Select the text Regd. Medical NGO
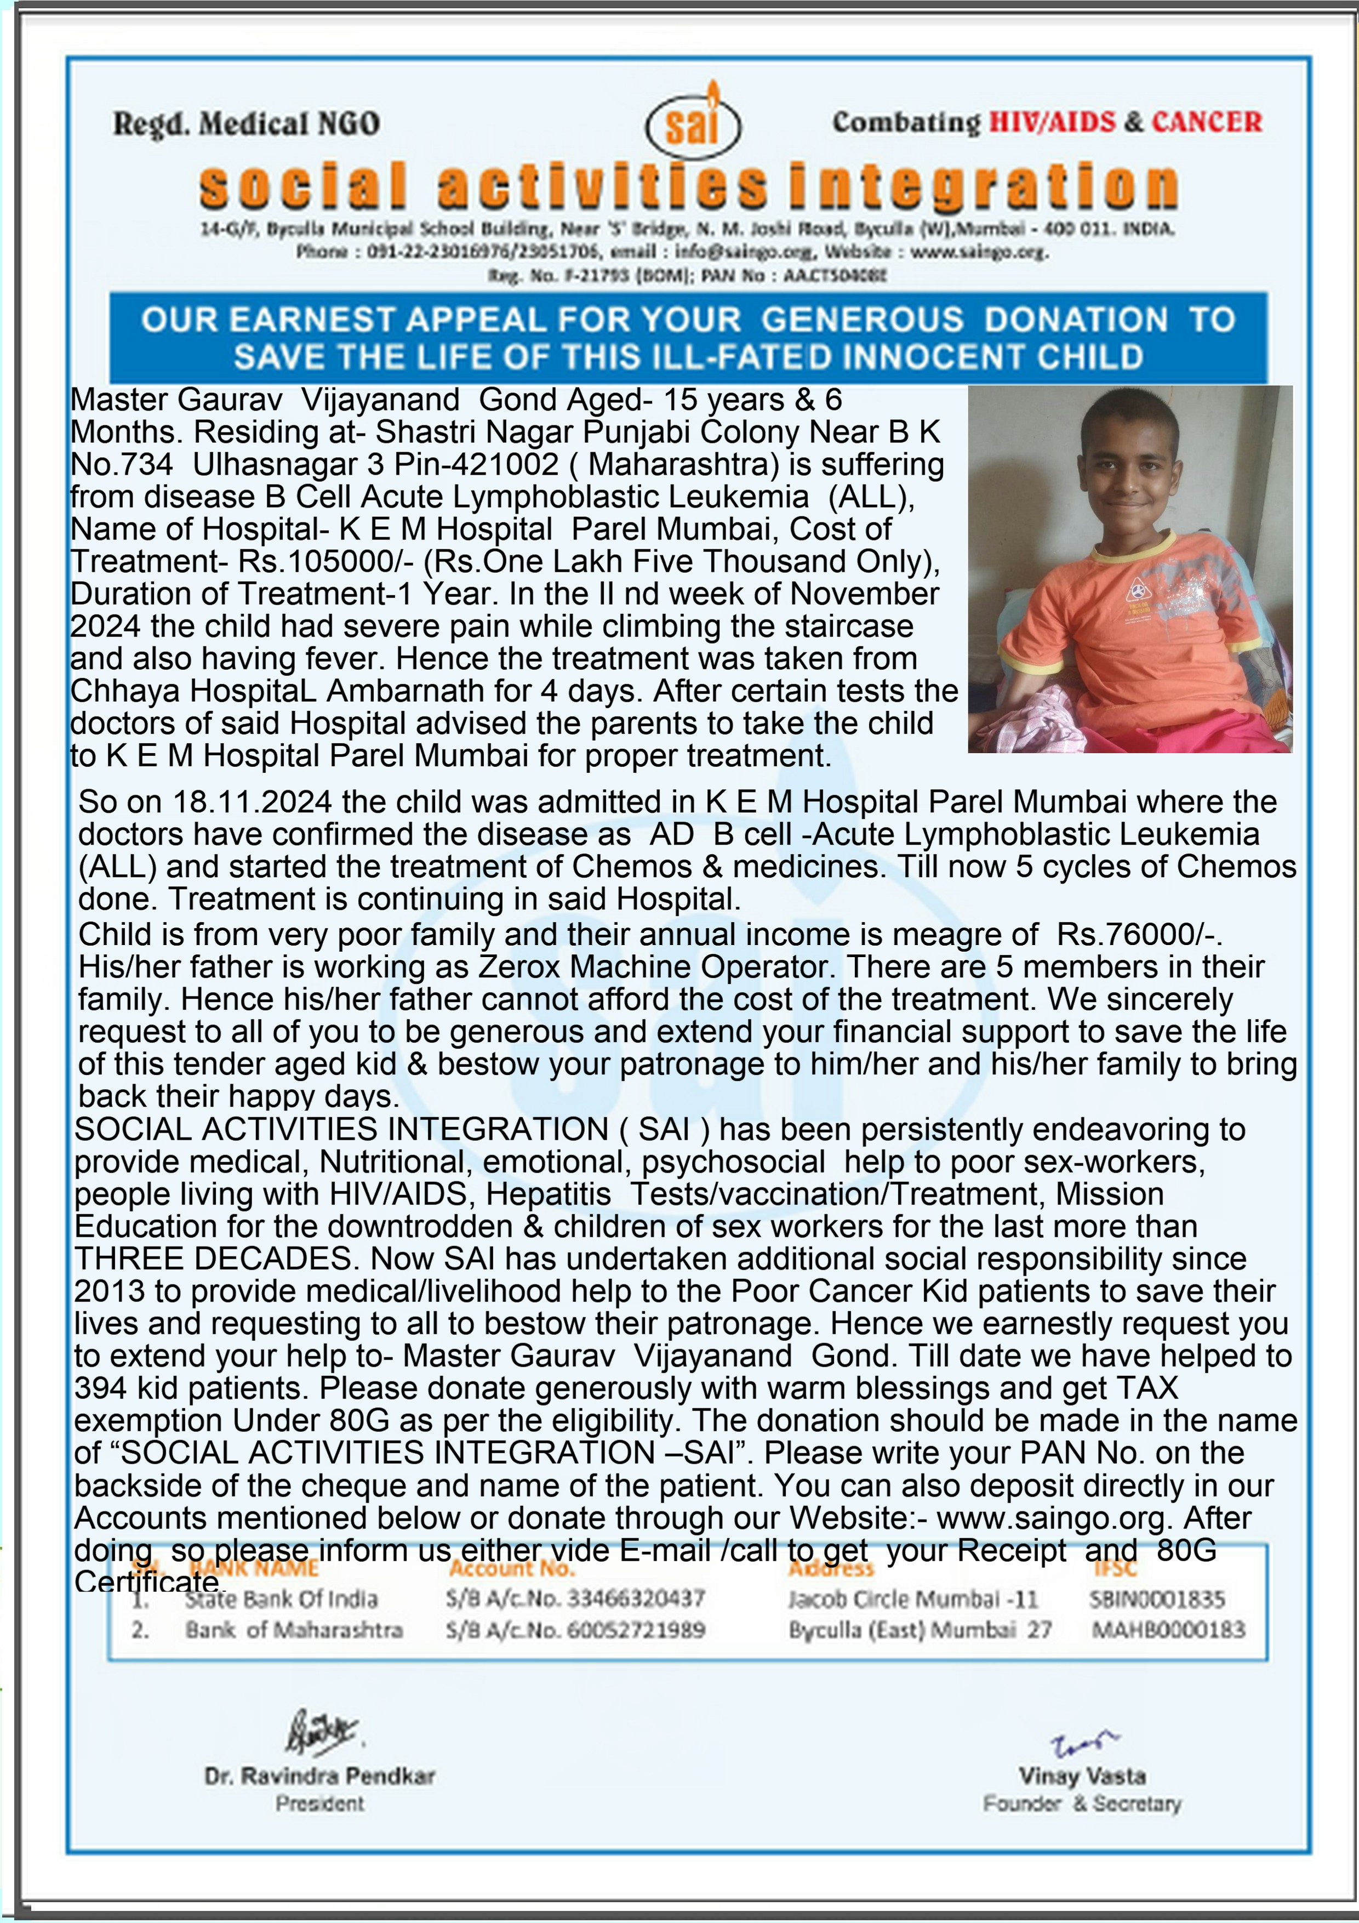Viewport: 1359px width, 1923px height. click(x=246, y=124)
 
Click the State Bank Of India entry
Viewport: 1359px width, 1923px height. click(x=281, y=1599)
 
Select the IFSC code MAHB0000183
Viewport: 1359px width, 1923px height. click(x=1168, y=1629)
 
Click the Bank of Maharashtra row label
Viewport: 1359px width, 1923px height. click(x=294, y=1630)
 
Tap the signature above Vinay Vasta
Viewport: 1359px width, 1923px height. click(x=1083, y=1743)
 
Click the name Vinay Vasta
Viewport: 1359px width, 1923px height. click(x=1082, y=1776)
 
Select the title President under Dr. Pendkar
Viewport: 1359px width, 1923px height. click(x=320, y=1803)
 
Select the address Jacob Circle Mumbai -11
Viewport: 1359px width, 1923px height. click(x=913, y=1599)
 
